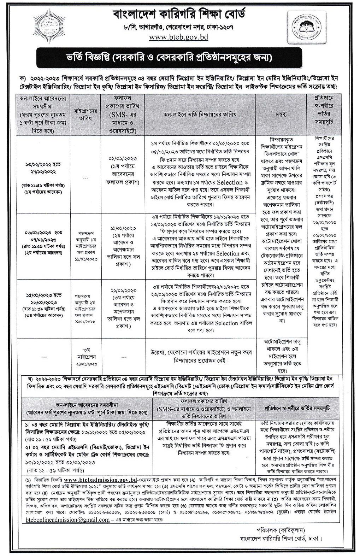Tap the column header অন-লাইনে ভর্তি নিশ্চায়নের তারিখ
[x=200, y=115]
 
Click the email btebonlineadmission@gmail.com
[x=68, y=520]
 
